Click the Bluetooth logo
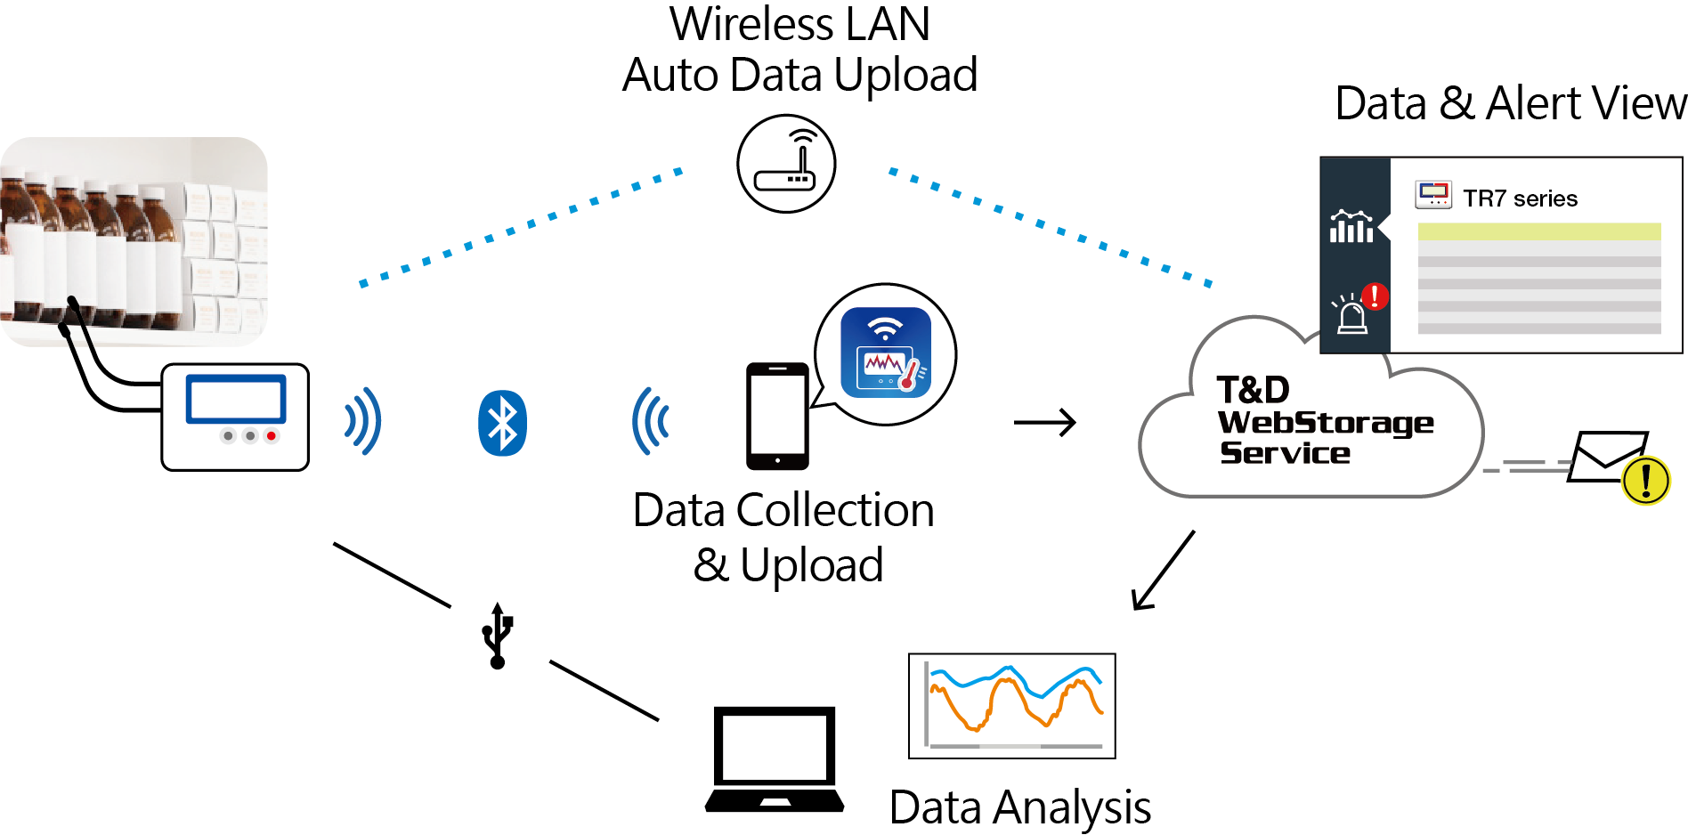click(502, 423)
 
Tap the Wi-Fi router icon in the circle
click(786, 164)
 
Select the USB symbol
click(498, 636)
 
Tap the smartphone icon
click(777, 416)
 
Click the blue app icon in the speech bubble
click(886, 353)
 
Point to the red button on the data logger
click(272, 435)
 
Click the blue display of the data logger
click(236, 399)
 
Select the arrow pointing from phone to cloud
click(1045, 422)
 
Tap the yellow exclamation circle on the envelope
click(1645, 481)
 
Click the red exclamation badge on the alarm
click(1375, 296)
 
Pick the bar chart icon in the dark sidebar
click(1351, 227)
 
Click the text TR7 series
click(1520, 199)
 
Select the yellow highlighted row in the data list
click(1539, 231)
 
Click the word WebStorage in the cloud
click(1326, 422)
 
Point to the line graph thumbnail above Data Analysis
click(1012, 705)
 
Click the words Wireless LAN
click(799, 25)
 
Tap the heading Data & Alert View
click(1511, 103)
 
